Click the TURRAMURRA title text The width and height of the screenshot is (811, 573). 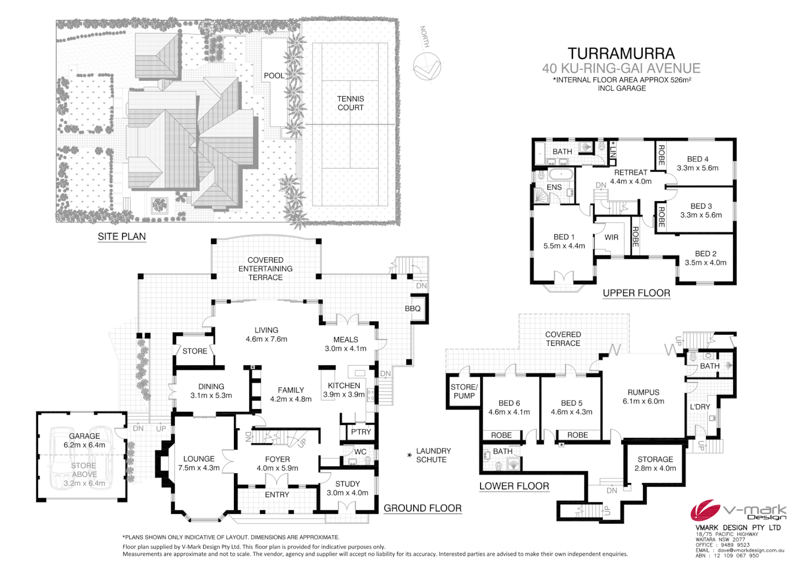click(621, 54)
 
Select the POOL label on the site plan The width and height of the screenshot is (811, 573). click(274, 76)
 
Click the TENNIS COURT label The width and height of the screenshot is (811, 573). click(351, 103)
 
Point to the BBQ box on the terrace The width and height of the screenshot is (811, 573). click(413, 309)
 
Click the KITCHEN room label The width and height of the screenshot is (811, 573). click(344, 386)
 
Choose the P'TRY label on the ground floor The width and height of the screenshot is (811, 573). click(361, 432)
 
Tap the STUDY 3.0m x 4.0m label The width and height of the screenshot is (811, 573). click(347, 488)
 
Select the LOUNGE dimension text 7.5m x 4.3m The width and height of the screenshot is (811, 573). click(199, 468)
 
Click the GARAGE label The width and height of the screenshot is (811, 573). click(84, 436)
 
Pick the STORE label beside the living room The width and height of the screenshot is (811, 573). click(195, 351)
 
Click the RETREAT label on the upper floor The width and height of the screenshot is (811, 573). click(631, 172)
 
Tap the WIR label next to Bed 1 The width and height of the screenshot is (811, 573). click(611, 238)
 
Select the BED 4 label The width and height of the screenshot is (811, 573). click(697, 159)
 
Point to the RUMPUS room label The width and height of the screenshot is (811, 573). click(643, 393)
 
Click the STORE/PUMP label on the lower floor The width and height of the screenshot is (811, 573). click(464, 392)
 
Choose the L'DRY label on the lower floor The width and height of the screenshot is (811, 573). click(700, 407)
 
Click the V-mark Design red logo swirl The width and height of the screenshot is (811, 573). click(705, 511)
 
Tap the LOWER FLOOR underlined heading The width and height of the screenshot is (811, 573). click(514, 487)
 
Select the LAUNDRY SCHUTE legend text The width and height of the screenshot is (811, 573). click(433, 455)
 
